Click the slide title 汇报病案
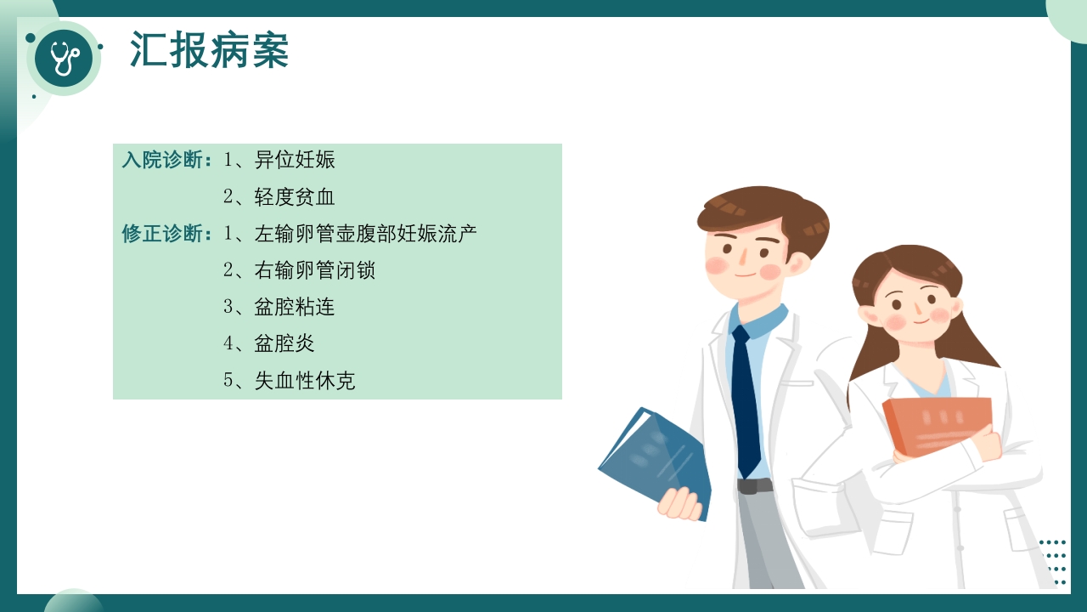pyautogui.click(x=209, y=50)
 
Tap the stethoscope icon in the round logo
pyautogui.click(x=65, y=58)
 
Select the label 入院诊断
pyautogui.click(x=166, y=160)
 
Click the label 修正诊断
pyautogui.click(x=166, y=234)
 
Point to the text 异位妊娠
pyautogui.click(x=295, y=160)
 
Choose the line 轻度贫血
pyautogui.click(x=295, y=197)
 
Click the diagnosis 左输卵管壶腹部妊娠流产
pyautogui.click(x=365, y=234)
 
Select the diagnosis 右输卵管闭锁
pyautogui.click(x=315, y=270)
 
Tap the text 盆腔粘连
pyautogui.click(x=295, y=307)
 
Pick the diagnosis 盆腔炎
pyautogui.click(x=284, y=343)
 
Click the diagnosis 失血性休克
pyautogui.click(x=305, y=380)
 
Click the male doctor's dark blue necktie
pyautogui.click(x=746, y=399)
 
